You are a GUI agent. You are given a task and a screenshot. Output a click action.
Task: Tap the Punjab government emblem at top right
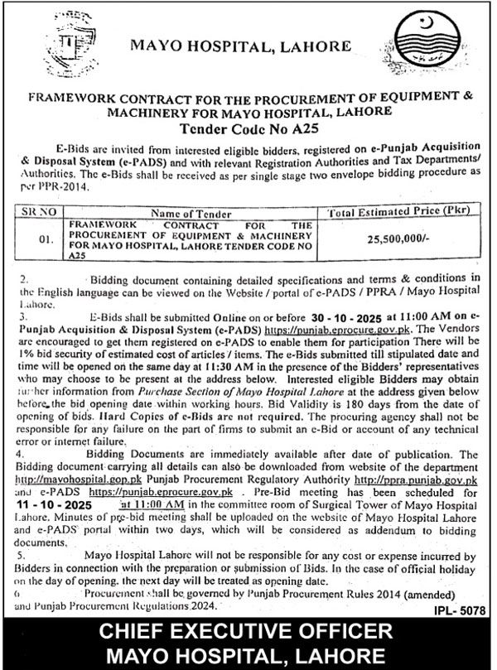(428, 41)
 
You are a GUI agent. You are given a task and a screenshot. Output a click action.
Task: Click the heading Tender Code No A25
(248, 128)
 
